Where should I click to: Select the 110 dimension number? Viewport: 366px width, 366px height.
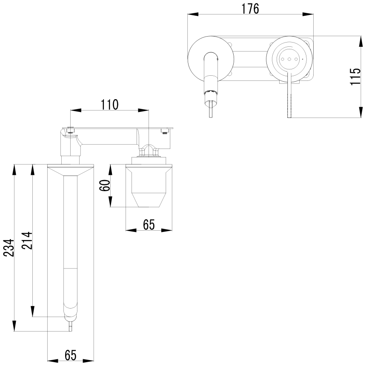109,104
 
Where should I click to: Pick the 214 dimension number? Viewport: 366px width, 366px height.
26,241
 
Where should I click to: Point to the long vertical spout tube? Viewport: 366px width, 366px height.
71,238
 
